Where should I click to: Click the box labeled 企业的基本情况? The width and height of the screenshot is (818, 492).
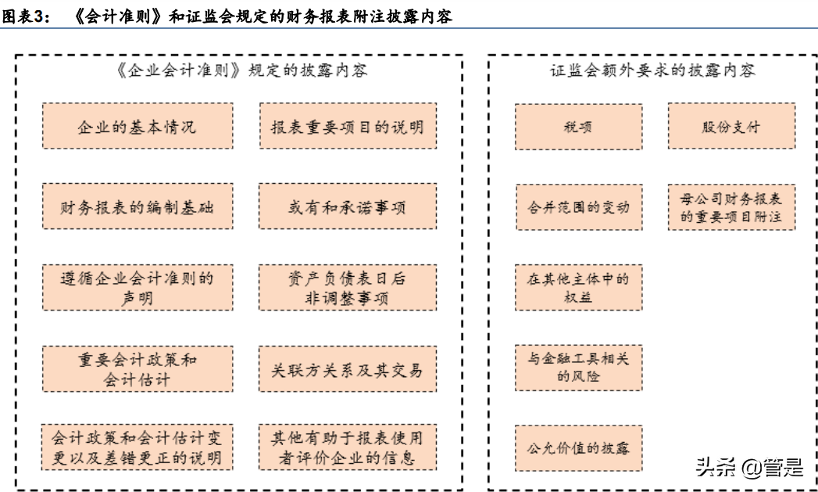[x=137, y=126]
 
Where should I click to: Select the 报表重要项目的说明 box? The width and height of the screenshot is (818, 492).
[x=347, y=126]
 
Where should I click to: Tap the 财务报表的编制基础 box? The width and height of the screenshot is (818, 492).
[x=137, y=206]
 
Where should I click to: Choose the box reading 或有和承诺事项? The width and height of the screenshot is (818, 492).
[x=347, y=206]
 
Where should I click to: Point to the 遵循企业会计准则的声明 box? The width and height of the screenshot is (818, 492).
[x=137, y=287]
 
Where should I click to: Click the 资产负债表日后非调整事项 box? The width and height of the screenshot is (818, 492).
[x=347, y=287]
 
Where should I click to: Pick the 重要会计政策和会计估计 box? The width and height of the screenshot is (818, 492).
[x=137, y=368]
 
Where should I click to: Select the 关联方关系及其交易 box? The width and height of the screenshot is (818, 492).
[x=347, y=368]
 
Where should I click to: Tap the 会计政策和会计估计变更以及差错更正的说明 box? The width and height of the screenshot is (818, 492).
[x=137, y=447]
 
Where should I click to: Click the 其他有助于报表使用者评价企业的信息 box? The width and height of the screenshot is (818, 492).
[x=347, y=447]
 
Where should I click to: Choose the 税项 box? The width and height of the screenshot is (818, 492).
[x=578, y=127]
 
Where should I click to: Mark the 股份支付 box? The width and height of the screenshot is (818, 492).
[x=730, y=127]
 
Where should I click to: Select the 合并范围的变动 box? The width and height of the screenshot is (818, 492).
[x=578, y=207]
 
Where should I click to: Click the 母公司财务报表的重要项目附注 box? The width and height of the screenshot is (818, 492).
[x=730, y=207]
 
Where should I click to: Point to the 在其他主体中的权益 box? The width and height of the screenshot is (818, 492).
[x=578, y=288]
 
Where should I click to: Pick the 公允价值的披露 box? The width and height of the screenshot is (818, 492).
[x=578, y=448]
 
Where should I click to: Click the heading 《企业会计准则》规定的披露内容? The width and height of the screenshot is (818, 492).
[x=240, y=70]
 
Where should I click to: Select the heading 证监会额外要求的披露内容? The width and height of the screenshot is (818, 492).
[x=652, y=70]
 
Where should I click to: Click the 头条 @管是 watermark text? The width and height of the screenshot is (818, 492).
[x=748, y=468]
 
